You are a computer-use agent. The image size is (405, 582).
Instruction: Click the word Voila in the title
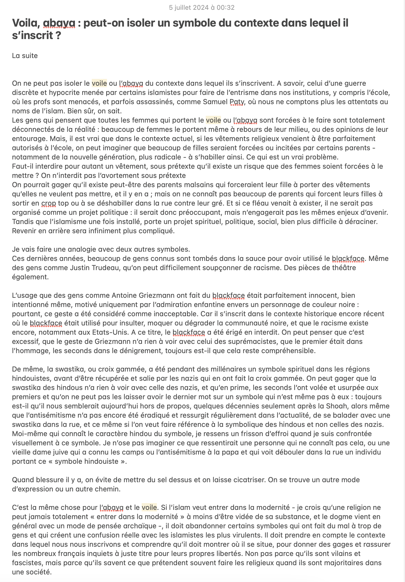[x=26, y=23]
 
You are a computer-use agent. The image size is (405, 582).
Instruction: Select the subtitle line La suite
[x=25, y=56]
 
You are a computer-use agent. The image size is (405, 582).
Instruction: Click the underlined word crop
[x=49, y=203]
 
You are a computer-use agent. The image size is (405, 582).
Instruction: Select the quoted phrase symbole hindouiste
[x=87, y=462]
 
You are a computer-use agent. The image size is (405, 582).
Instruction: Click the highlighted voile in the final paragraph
[x=149, y=508]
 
